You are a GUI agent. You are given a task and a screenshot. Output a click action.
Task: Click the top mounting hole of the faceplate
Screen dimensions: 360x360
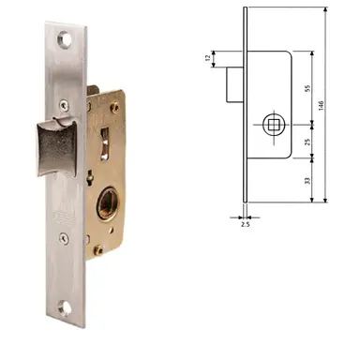pyautogui.click(x=64, y=40)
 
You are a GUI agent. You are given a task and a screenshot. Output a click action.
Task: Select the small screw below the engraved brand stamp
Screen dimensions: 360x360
pyautogui.click(x=65, y=239)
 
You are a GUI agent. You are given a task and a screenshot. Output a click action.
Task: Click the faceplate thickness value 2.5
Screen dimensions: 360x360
pyautogui.click(x=246, y=225)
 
